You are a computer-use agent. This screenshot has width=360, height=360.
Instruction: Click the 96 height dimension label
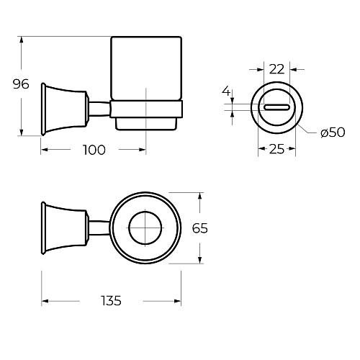tap(21, 84)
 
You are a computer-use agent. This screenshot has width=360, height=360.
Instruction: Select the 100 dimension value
tap(94, 150)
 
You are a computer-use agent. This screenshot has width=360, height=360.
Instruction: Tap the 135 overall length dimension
tap(111, 301)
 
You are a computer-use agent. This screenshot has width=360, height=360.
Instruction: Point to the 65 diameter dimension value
tap(200, 228)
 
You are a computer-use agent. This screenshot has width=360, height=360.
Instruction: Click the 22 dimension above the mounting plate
tap(276, 69)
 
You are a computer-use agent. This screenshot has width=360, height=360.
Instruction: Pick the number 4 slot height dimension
tap(226, 91)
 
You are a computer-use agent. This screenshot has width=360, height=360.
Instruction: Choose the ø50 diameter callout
tap(333, 132)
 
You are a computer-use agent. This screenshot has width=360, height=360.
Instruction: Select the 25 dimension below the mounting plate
tap(276, 149)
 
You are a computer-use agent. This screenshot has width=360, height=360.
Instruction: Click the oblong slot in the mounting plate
tap(276, 107)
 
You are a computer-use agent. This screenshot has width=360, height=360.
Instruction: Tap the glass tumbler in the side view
tap(146, 68)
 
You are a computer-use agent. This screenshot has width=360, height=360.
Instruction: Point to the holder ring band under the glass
tap(146, 109)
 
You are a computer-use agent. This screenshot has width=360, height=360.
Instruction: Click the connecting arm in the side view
tap(99, 109)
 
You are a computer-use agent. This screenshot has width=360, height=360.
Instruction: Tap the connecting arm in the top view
tap(99, 228)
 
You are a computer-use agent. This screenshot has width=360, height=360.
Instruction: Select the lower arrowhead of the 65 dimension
tap(200, 260)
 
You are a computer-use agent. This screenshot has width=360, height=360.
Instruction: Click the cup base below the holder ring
tap(146, 124)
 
